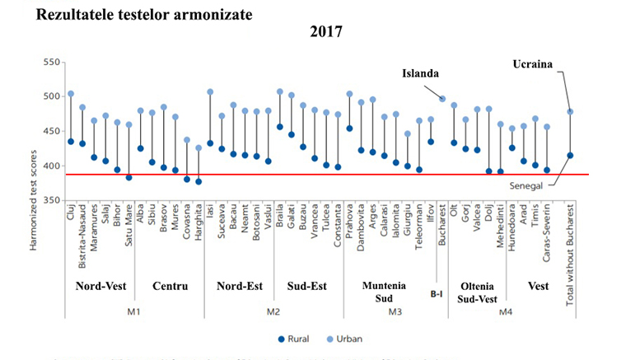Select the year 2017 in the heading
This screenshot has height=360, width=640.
(326, 33)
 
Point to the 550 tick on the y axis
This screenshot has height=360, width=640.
(52, 63)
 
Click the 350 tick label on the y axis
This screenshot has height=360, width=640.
(52, 201)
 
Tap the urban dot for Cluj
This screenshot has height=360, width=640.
(71, 94)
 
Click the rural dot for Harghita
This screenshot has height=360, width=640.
(198, 181)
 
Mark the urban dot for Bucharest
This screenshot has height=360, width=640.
(442, 99)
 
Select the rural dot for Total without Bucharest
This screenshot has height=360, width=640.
(570, 155)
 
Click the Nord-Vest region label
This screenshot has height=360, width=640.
(100, 287)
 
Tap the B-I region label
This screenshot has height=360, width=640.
(438, 292)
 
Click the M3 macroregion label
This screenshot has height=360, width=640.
(395, 311)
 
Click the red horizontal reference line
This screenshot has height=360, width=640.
(329, 174)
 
